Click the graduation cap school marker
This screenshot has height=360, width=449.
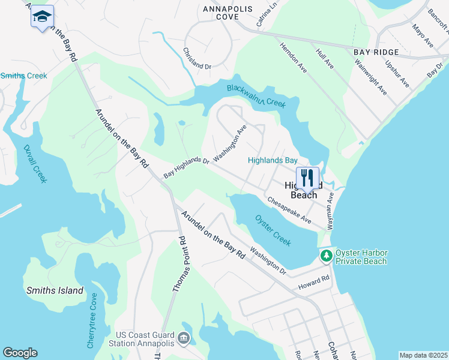[x=42, y=17]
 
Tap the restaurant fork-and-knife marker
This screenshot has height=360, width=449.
[x=307, y=177]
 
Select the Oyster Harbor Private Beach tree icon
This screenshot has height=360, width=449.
[x=327, y=256]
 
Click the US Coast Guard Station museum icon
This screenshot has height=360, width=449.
[x=184, y=338]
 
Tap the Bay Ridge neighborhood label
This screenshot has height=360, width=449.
[x=376, y=53]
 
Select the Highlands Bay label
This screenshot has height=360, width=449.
[x=273, y=160]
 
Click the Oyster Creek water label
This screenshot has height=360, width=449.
[x=273, y=230]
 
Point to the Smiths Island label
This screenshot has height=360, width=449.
[x=55, y=290]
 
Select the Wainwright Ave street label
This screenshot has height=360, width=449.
[x=370, y=77]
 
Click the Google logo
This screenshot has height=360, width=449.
[x=20, y=353]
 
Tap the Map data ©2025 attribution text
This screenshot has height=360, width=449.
[x=423, y=355]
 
